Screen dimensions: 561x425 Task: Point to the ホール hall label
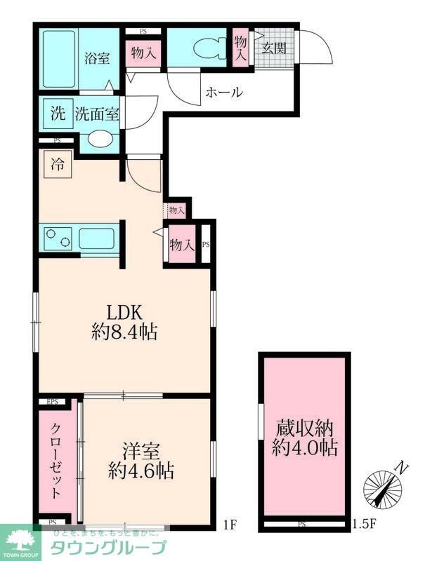pos(224,92)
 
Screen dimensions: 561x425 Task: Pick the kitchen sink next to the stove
pos(96,238)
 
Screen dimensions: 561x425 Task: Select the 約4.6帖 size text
pos(142,470)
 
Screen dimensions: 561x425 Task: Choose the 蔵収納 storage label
pos(303,427)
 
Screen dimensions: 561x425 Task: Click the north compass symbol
pos(384,485)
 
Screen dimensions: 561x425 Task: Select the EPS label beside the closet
pos(52,402)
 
